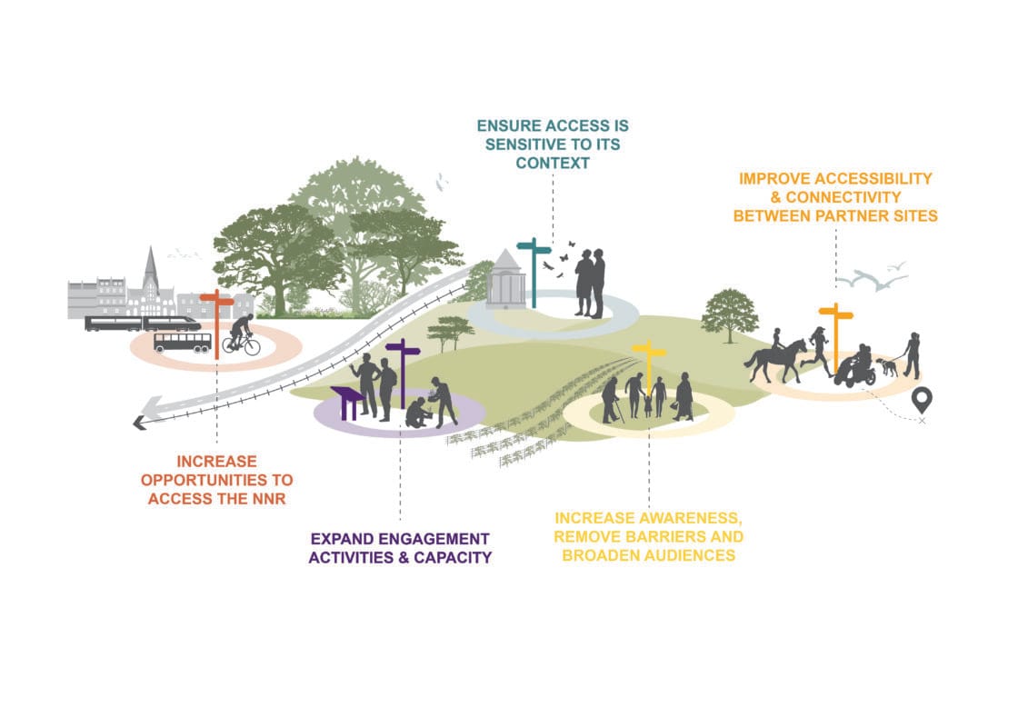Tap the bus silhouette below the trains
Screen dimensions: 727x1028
(x=182, y=342)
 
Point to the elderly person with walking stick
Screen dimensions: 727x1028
(x=612, y=398)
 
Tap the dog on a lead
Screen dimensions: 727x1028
(x=885, y=366)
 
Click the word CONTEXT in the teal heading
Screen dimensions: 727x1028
(x=553, y=164)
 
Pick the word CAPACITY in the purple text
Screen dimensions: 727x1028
(x=449, y=557)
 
